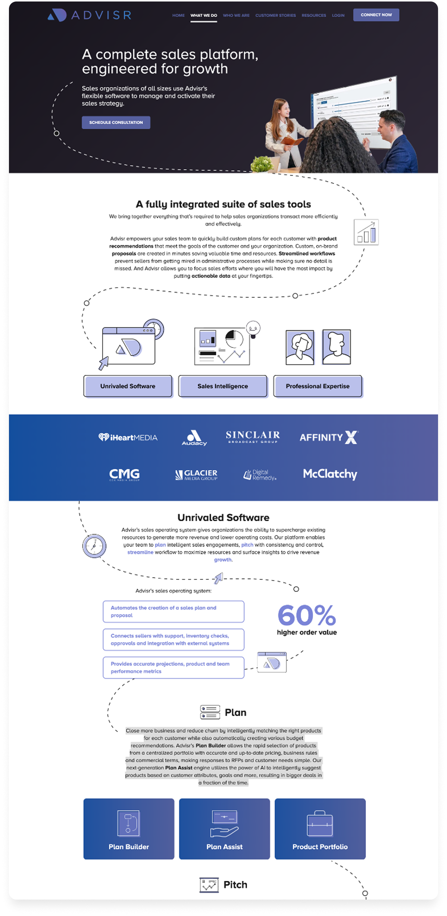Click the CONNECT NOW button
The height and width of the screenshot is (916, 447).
tap(376, 15)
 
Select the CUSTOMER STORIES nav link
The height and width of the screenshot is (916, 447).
tap(275, 15)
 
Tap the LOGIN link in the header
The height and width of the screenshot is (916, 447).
tap(338, 15)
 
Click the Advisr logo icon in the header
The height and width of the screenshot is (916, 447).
tap(57, 15)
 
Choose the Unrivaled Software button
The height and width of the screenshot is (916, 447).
tap(128, 386)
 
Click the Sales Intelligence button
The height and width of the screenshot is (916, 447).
tap(223, 386)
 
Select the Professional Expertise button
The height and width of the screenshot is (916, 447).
tap(318, 386)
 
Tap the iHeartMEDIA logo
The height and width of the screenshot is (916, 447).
tap(128, 437)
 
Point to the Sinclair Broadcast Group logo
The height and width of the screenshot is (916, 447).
tap(253, 437)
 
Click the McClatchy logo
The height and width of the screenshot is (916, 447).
tap(330, 474)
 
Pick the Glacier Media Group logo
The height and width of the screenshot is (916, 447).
tap(196, 474)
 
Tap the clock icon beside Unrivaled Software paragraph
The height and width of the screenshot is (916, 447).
tap(94, 546)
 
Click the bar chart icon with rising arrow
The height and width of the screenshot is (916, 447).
tap(366, 232)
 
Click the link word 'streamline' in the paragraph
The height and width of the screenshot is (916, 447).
tap(140, 552)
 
